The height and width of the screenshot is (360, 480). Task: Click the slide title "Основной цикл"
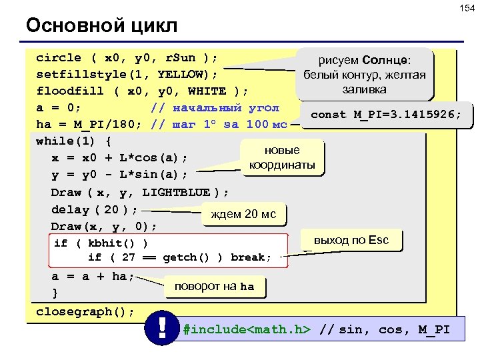click(101, 26)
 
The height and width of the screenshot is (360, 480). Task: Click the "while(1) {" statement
click(73, 141)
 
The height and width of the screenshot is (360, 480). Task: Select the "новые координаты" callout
click(281, 157)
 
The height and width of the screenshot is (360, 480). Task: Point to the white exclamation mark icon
click(162, 329)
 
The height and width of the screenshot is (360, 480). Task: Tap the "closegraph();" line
click(85, 311)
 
